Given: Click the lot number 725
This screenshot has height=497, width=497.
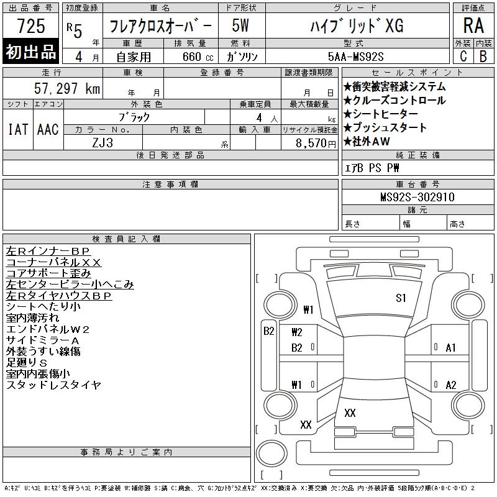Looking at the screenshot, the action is pyautogui.click(x=31, y=25).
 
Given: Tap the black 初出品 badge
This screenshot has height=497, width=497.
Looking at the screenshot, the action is pyautogui.click(x=30, y=51).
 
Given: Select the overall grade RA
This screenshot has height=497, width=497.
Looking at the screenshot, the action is pyautogui.click(x=473, y=25).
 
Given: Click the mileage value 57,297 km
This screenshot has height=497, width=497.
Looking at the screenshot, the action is pyautogui.click(x=67, y=88).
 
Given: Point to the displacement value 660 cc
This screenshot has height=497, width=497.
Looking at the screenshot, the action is pyautogui.click(x=198, y=57).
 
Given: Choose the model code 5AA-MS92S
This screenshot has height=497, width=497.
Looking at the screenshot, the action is pyautogui.click(x=355, y=57).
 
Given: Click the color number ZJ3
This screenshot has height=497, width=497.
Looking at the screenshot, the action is pyautogui.click(x=103, y=143).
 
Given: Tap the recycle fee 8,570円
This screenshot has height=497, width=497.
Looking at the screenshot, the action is pyautogui.click(x=316, y=144).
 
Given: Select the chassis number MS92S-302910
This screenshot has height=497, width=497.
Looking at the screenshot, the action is pyautogui.click(x=417, y=197).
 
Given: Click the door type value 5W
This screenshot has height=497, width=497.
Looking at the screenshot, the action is pyautogui.click(x=240, y=25).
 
